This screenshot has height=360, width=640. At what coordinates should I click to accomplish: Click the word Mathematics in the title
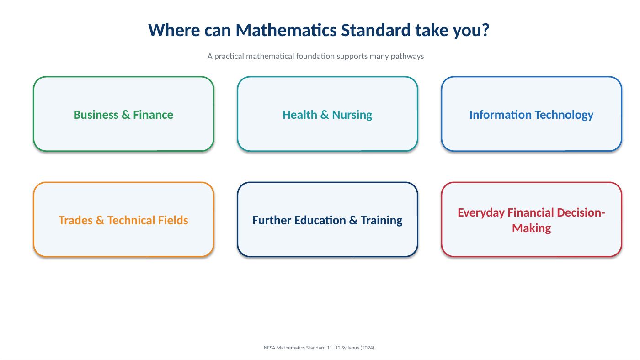286,30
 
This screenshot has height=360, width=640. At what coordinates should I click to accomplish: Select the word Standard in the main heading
376,30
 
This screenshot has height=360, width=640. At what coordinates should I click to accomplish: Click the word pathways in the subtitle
407,57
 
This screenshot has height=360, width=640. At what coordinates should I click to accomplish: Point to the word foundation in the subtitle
315,56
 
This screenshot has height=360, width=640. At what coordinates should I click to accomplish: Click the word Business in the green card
96,115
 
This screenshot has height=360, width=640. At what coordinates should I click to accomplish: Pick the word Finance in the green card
153,115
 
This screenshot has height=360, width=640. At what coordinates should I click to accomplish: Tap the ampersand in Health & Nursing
324,115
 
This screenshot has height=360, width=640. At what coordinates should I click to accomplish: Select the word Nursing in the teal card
352,115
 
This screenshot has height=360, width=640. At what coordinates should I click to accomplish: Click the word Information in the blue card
500,115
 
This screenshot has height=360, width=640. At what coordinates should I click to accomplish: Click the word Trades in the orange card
75,220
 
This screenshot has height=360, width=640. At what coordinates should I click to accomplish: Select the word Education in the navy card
320,220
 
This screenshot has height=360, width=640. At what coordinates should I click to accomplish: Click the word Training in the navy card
381,221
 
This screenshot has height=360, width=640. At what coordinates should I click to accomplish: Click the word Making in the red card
531,228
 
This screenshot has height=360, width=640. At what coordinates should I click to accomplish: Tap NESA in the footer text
269,348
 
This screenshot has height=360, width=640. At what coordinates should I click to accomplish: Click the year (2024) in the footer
367,348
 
